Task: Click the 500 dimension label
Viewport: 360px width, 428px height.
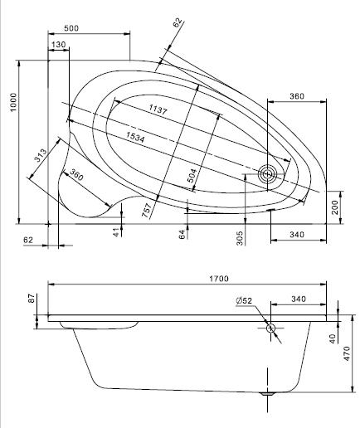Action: point(71,28)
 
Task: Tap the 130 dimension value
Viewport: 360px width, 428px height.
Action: point(58,44)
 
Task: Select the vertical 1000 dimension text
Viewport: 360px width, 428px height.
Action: point(13,102)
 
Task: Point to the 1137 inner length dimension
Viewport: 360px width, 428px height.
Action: point(158,109)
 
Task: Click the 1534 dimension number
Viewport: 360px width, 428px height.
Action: point(135,137)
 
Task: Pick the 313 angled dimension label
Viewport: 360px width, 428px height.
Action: point(40,155)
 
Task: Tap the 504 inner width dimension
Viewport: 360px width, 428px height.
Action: point(192,176)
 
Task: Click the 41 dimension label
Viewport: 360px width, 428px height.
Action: point(118,232)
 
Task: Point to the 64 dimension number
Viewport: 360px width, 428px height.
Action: point(182,235)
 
